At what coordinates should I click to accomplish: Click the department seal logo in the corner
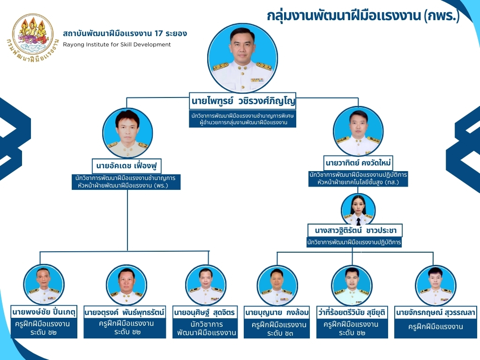33,37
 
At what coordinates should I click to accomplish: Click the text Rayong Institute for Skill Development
117,45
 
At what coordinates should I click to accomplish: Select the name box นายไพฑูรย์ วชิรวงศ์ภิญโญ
244,102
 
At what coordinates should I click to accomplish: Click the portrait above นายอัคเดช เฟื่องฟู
127,133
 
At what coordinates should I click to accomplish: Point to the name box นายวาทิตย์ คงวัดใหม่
358,163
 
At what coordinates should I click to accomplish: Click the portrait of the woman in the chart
358,210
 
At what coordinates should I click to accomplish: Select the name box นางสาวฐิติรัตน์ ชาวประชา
355,231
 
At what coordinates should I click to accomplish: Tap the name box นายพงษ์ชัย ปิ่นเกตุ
44,311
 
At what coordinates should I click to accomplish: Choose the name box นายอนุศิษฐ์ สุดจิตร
205,312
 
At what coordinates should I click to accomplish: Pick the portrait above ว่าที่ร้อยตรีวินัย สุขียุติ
352,285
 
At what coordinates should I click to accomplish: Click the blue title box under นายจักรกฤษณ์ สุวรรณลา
435,328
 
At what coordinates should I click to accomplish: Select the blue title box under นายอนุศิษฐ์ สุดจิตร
205,328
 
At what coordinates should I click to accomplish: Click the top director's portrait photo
242,58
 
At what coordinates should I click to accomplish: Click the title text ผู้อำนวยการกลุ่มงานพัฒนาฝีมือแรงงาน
243,123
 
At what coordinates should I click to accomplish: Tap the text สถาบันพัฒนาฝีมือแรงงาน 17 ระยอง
125,34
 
